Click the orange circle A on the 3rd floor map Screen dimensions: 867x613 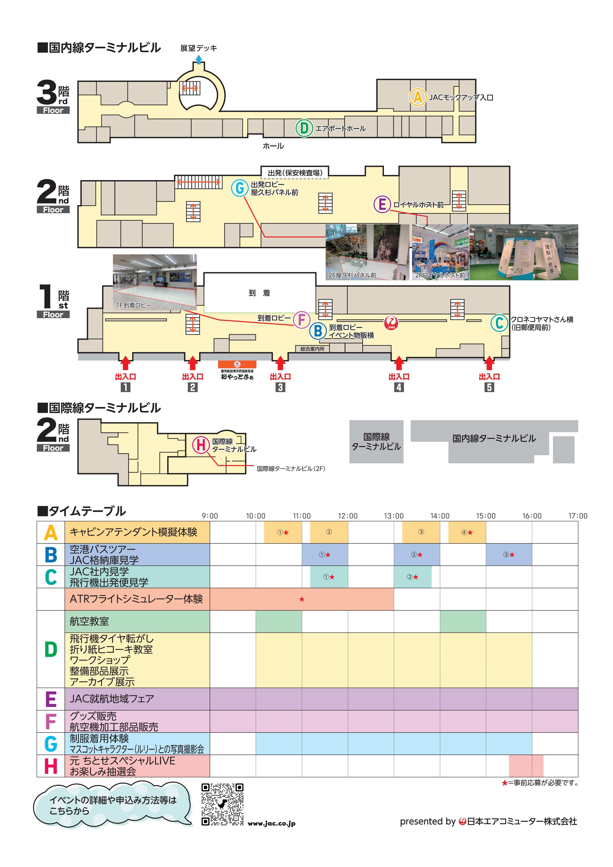pos(417,97)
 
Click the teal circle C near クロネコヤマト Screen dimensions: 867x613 pos(499,323)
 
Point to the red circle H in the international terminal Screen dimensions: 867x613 pos(201,445)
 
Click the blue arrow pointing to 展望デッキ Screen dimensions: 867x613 pos(198,59)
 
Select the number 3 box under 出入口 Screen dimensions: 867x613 pos(280,387)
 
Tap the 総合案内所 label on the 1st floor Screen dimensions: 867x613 pos(312,349)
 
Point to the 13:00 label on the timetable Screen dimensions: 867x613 pos(394,516)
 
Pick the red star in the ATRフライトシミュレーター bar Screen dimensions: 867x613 pos(302,599)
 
